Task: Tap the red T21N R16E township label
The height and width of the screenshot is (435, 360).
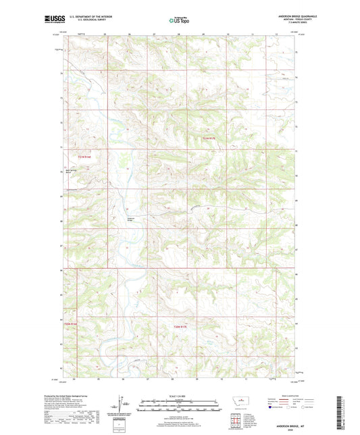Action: [84, 157]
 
